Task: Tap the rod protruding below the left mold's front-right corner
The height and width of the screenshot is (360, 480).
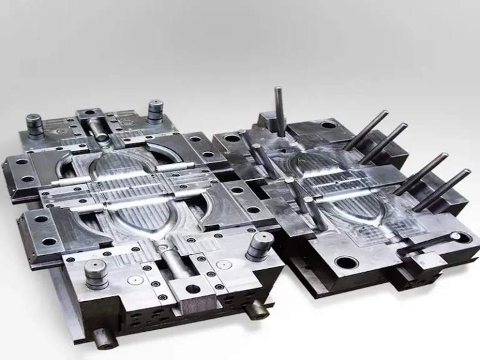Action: click(x=256, y=309)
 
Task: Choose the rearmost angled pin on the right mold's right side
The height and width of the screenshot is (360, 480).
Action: click(x=366, y=130)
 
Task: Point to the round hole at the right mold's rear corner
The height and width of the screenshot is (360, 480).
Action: click(x=326, y=125)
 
